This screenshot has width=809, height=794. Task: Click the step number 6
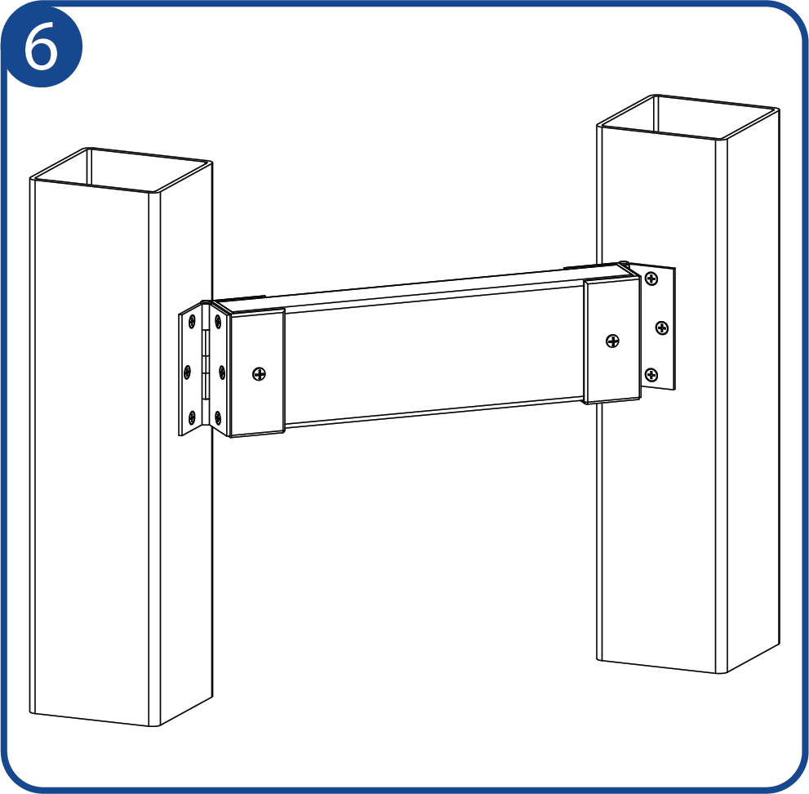[42, 47]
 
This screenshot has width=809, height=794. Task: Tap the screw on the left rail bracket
[259, 374]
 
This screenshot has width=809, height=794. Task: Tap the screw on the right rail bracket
[612, 341]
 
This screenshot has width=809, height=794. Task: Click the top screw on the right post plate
[651, 279]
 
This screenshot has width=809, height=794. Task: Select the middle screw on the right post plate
[662, 328]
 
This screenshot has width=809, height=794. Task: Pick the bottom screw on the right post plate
[651, 375]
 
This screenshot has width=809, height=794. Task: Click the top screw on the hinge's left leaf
[192, 323]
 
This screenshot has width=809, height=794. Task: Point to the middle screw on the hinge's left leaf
[187, 372]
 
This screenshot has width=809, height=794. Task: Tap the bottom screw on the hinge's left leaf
[192, 416]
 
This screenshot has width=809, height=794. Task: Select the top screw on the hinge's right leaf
[218, 322]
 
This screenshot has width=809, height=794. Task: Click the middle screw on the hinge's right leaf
[222, 371]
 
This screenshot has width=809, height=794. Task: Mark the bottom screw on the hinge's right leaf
[218, 417]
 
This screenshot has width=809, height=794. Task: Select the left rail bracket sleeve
[257, 372]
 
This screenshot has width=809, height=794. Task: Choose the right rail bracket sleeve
[612, 341]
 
